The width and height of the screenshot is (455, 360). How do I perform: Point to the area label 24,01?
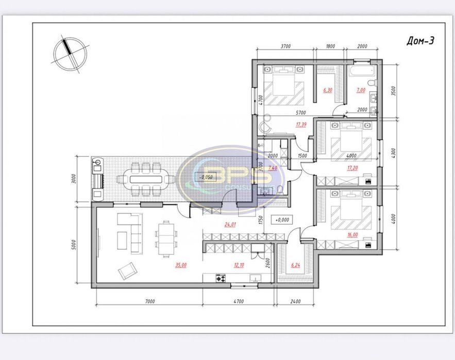[x=229, y=224]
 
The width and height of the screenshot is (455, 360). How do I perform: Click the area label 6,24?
[x=295, y=266]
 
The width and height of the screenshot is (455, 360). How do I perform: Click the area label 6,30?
[x=327, y=90]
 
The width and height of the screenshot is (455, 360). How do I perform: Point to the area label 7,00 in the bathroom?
[x=360, y=90]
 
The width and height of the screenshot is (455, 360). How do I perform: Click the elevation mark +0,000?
[x=282, y=219]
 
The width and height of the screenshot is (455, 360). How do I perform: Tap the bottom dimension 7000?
[x=149, y=301]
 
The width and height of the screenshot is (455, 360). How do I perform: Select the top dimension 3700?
[x=285, y=46]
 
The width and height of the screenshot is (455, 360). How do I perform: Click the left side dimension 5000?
[x=74, y=244]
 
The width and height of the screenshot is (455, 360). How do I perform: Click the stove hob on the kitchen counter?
[x=221, y=279]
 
